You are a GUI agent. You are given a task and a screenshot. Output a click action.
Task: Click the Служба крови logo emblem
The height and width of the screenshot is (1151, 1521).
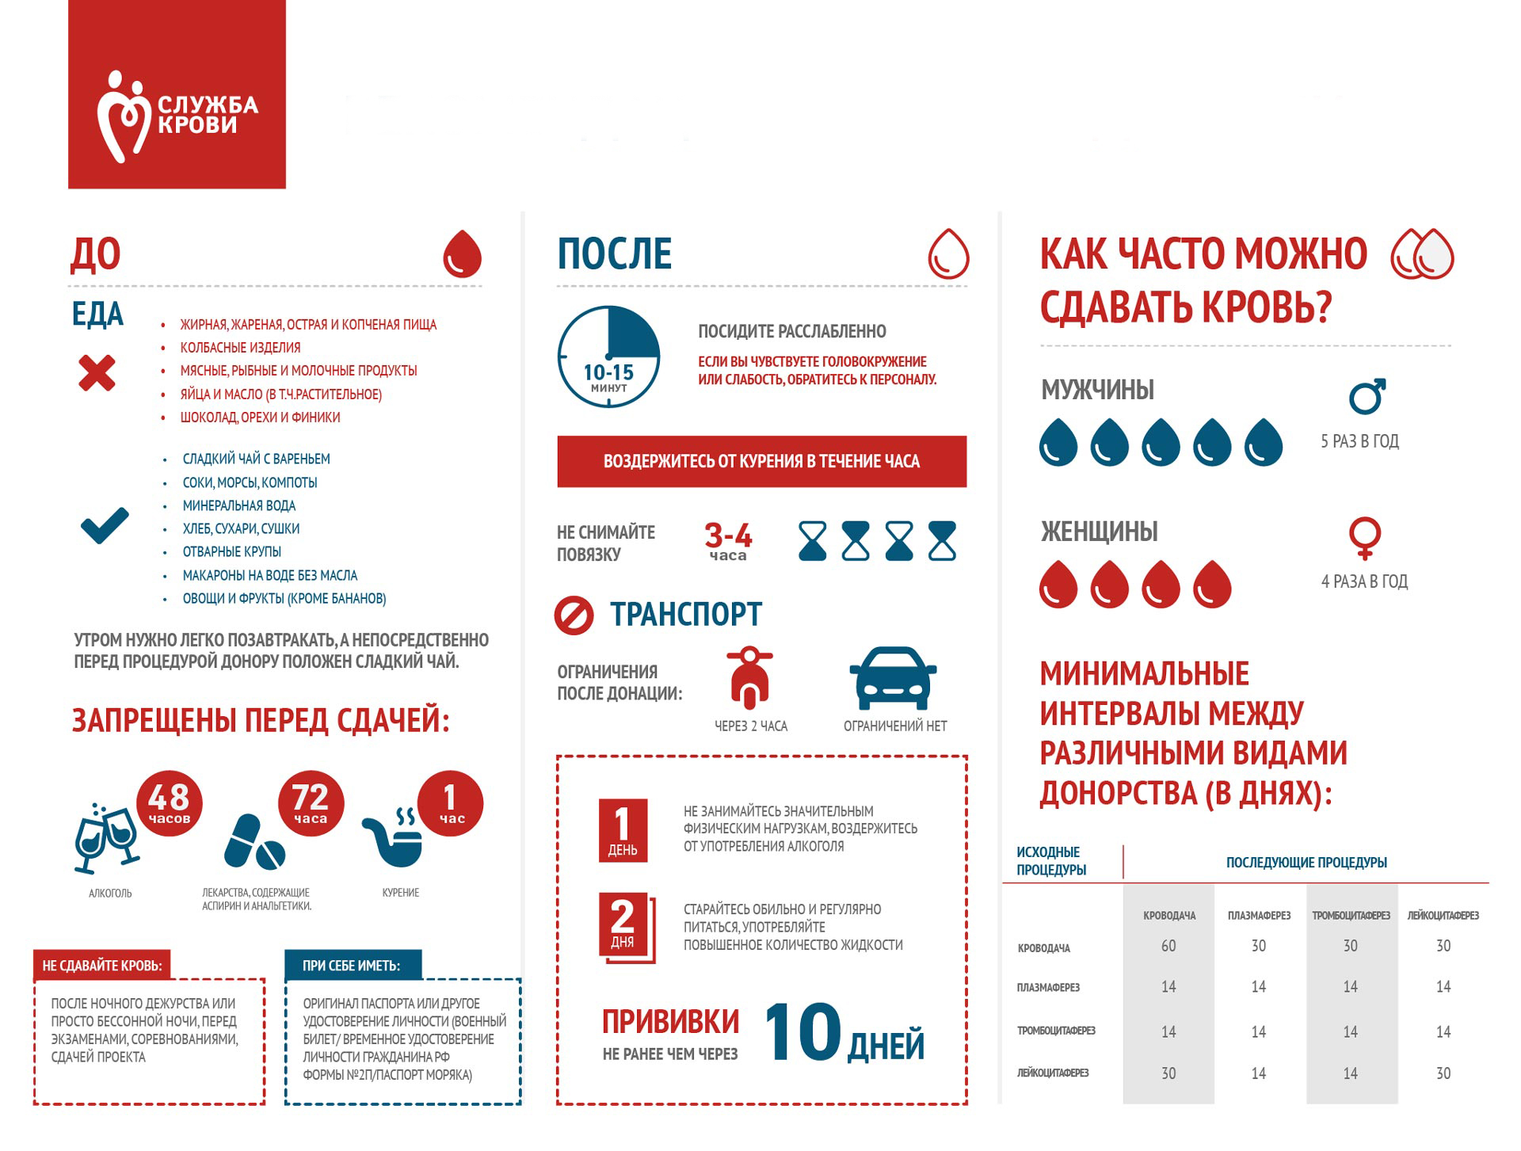tap(123, 116)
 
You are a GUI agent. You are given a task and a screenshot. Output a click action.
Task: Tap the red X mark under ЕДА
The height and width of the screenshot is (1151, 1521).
tap(97, 373)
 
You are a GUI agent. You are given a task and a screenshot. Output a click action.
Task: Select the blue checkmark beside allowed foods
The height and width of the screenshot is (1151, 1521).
tap(105, 524)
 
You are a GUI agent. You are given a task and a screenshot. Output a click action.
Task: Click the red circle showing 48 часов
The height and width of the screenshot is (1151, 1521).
tap(169, 802)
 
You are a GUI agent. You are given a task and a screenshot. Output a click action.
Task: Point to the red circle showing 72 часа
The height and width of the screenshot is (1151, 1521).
tap(311, 802)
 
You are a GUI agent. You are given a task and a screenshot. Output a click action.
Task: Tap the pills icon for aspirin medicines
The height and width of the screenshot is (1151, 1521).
tap(253, 842)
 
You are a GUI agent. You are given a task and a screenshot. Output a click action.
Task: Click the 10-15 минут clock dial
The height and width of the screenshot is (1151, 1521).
tap(608, 357)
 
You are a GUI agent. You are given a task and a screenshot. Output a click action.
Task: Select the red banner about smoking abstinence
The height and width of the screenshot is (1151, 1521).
tap(761, 461)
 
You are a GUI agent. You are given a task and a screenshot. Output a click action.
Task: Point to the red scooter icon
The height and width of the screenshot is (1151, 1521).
tap(749, 677)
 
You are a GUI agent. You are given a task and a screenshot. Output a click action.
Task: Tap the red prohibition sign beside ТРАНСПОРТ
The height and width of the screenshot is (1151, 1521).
tap(574, 616)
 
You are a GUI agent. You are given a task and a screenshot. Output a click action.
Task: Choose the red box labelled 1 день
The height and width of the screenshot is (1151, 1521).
tap(623, 830)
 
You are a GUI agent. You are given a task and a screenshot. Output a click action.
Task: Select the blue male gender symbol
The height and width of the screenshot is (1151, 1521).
tap(1367, 396)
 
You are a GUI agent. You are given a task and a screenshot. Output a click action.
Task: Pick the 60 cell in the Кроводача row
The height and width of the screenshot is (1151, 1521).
tap(1168, 946)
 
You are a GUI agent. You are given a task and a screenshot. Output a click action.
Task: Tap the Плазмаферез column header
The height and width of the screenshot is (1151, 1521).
tap(1259, 916)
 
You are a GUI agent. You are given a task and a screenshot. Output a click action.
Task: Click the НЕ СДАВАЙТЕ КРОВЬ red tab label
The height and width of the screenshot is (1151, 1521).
tap(102, 966)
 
